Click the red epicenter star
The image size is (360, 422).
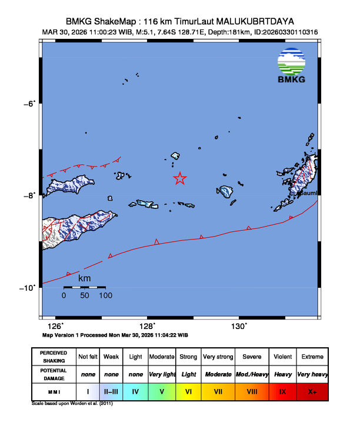(180, 178)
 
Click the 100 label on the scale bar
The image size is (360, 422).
(105, 295)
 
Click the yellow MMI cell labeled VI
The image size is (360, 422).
(189, 390)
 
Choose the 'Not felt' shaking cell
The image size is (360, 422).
(88, 357)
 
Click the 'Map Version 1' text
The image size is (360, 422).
(64, 335)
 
